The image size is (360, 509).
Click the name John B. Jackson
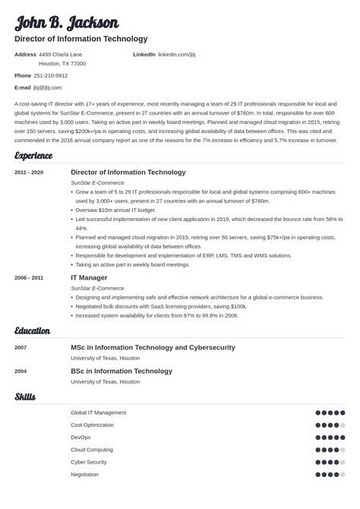point(67,22)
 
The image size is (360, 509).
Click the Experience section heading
point(33,156)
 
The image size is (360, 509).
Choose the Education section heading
point(33,331)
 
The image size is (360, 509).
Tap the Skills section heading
point(25,397)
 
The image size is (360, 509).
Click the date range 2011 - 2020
point(29,172)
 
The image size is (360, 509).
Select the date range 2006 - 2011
point(29,278)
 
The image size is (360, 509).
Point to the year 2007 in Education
point(21,348)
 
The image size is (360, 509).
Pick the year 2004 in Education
point(21,371)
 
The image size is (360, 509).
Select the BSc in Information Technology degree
point(122,371)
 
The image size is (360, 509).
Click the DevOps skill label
point(81,437)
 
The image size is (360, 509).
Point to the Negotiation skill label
point(84,474)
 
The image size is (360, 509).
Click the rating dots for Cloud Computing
point(330,450)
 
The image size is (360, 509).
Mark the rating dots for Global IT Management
point(330,413)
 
